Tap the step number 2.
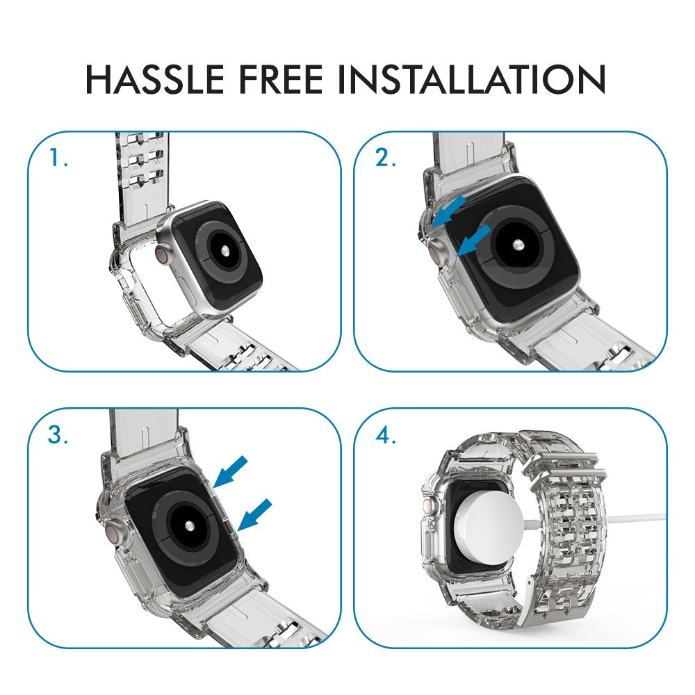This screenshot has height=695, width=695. pyautogui.click(x=385, y=158)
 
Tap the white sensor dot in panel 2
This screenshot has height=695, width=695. pyautogui.click(x=518, y=245)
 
